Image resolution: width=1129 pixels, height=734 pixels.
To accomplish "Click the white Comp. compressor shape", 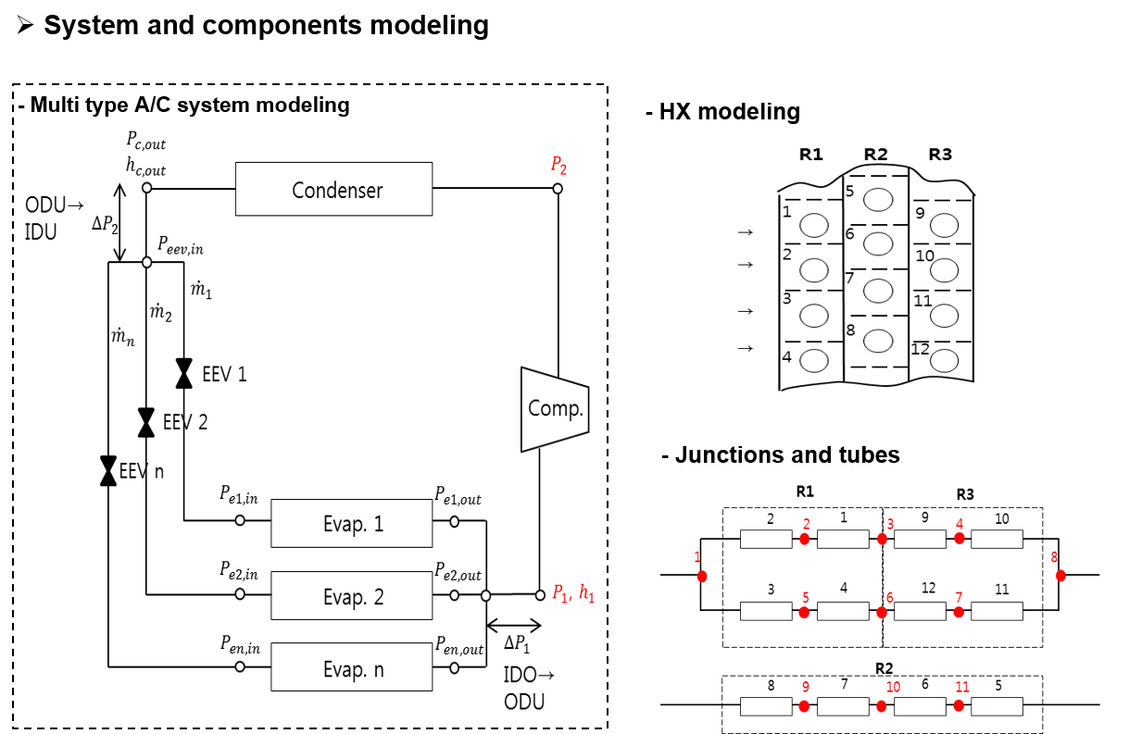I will pos(554,409).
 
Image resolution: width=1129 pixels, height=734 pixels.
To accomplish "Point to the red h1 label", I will pos(586,593).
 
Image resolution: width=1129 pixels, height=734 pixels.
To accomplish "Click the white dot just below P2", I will pos(558,189).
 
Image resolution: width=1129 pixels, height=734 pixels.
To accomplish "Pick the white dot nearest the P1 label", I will pos(540,595).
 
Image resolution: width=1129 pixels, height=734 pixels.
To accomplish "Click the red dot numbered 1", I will pos(702,577).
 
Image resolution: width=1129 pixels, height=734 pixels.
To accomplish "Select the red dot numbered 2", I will pos(804,539).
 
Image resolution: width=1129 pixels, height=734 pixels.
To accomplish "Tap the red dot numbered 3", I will pos(882,539).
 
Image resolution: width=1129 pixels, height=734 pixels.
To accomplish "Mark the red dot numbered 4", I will pos(959,538).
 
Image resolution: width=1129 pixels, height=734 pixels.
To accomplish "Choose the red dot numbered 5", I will pos(804,613).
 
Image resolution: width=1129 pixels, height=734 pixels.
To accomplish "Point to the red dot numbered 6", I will pos(882,613).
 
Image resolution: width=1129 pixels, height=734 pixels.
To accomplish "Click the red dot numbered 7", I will pos(959,612).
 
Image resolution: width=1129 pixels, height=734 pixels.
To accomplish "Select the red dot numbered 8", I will pos(1060,576).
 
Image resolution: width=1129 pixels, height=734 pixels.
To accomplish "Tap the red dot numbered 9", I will pos(804,706).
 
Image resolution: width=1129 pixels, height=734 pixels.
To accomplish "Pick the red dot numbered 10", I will pos(882,706).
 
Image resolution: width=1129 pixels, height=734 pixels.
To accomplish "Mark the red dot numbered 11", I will pos(959,705).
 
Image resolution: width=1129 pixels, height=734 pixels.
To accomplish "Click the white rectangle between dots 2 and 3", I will pos(843,539).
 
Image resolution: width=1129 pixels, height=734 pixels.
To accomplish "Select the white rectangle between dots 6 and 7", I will pos(920,612).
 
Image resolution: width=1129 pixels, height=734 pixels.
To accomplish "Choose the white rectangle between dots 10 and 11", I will pos(920,706).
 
